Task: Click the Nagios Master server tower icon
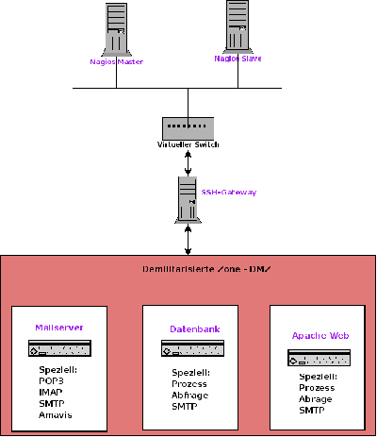tap(117, 29)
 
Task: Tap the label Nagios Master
tap(116, 62)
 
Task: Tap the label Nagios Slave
tap(238, 59)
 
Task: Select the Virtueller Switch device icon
tap(188, 127)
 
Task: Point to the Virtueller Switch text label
tap(188, 144)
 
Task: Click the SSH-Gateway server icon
tap(187, 201)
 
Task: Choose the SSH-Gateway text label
tap(229, 193)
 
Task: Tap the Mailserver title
tap(58, 328)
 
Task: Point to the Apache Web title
tap(315, 335)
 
